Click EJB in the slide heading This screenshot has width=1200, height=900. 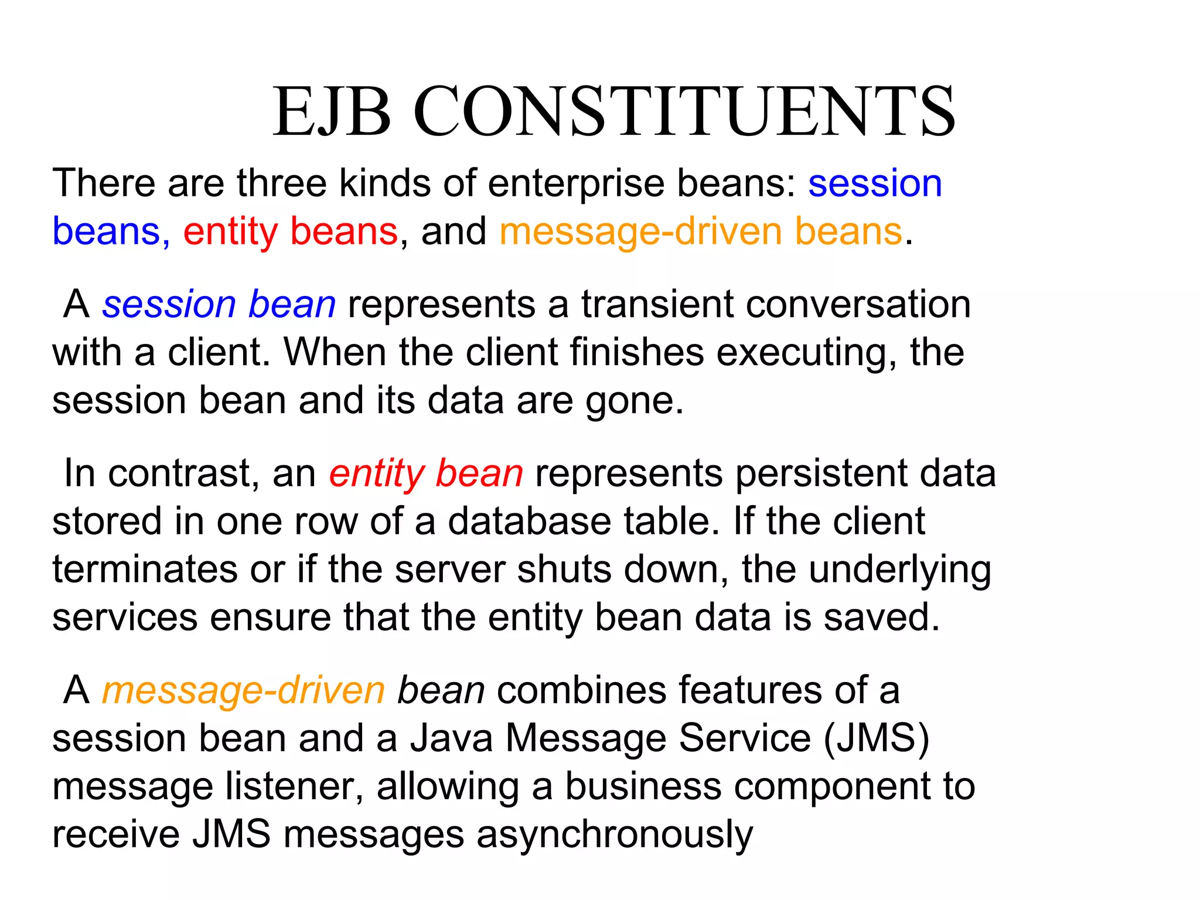332,111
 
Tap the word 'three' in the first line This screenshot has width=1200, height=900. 281,183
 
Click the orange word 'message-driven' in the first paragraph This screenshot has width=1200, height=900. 640,232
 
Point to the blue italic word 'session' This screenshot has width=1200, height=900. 169,305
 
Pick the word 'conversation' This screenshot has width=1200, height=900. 852,305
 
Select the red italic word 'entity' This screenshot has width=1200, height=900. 376,473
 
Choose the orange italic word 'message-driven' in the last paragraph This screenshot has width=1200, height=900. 243,691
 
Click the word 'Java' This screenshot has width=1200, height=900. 451,738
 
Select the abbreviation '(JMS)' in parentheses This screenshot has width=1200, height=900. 876,738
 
